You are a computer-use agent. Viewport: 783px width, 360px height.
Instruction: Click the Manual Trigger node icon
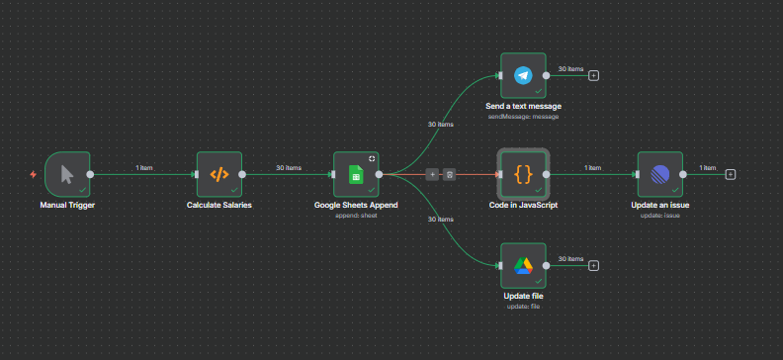click(x=67, y=175)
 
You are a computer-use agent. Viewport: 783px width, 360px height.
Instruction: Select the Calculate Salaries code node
click(x=218, y=175)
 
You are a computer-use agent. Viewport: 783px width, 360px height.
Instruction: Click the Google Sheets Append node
click(x=356, y=175)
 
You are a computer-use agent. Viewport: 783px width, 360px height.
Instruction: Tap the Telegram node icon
click(x=523, y=75)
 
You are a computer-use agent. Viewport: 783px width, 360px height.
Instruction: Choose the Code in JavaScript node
click(x=523, y=175)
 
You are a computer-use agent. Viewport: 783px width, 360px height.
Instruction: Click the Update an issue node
click(x=659, y=175)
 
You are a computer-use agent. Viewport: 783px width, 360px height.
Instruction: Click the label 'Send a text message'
click(x=523, y=106)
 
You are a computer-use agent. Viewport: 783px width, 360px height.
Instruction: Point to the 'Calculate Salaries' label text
click(x=218, y=206)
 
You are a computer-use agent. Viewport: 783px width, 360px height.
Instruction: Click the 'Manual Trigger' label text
click(x=67, y=206)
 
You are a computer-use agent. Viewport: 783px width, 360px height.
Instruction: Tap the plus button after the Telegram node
click(x=593, y=75)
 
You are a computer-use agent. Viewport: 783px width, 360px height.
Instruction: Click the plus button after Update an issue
click(x=731, y=175)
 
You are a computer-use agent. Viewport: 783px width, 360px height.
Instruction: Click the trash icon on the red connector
click(x=449, y=175)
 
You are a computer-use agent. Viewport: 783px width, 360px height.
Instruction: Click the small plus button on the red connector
click(x=432, y=175)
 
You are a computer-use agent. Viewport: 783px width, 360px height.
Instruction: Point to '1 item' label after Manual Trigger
click(x=144, y=168)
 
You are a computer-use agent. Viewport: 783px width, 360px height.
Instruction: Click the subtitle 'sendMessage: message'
click(x=523, y=117)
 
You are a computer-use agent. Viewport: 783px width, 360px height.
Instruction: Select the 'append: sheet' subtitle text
click(x=356, y=215)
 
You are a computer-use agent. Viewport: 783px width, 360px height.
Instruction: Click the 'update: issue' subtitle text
click(x=659, y=215)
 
